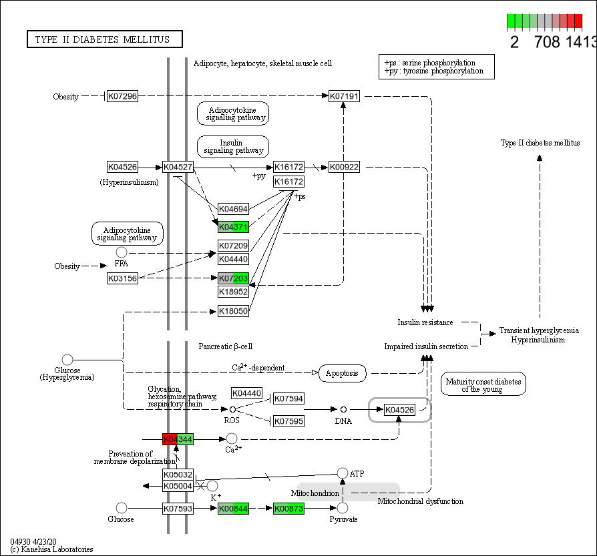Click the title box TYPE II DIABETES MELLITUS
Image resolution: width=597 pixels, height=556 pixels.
tap(105, 39)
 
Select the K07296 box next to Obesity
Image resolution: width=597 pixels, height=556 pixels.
tap(122, 97)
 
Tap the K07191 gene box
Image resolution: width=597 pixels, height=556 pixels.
tap(345, 97)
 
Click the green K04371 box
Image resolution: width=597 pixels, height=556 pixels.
tap(234, 227)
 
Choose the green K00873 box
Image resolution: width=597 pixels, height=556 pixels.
tap(288, 509)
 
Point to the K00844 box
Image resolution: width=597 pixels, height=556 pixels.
tap(234, 509)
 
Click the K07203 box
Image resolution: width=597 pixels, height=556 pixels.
tap(234, 278)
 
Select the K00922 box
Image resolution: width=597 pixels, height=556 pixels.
tap(345, 167)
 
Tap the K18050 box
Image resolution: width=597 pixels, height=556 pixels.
tap(234, 311)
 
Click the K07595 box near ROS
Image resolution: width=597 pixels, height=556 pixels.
tap(288, 421)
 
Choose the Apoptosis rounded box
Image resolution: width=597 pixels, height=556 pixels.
tap(343, 373)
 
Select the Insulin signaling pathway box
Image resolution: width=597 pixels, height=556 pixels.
tap(232, 147)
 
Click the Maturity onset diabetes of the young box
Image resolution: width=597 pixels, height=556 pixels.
tap(483, 384)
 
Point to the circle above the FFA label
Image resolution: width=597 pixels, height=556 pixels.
tap(122, 252)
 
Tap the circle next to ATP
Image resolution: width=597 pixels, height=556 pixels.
tap(343, 473)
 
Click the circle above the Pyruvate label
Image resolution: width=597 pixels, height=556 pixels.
tap(343, 509)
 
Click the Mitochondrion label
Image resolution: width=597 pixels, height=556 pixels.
tap(315, 493)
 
